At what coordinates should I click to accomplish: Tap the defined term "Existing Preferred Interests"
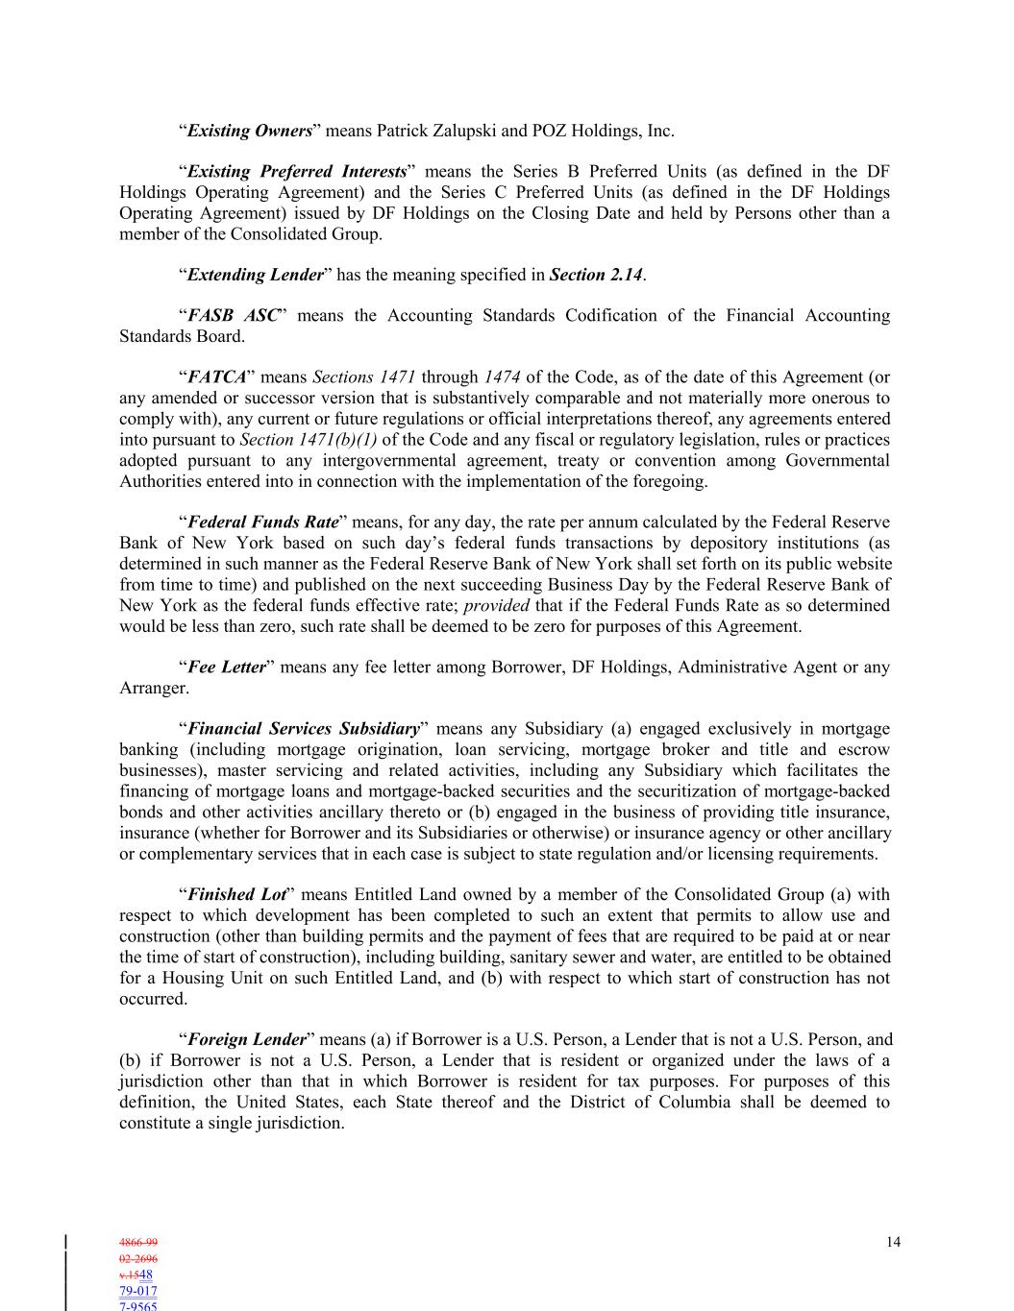click(x=297, y=172)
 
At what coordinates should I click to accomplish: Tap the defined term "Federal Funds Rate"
click(x=262, y=522)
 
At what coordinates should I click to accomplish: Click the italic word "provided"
click(x=496, y=605)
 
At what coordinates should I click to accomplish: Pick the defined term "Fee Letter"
click(x=226, y=668)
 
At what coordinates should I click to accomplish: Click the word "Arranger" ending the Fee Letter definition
click(x=152, y=689)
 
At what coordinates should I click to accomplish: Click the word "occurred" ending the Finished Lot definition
click(x=151, y=999)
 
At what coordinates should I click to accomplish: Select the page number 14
click(x=893, y=1243)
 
